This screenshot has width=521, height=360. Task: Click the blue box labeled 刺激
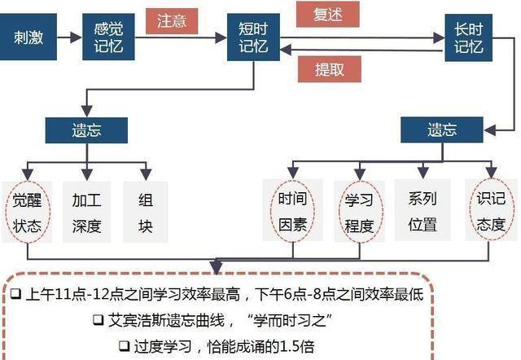[x=28, y=37]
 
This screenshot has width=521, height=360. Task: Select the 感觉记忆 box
[x=108, y=37]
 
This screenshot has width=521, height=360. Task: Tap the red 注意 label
[x=172, y=21]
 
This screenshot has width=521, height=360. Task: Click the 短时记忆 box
[x=253, y=37]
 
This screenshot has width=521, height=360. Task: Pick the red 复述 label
[x=327, y=15]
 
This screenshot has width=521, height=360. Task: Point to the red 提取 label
[x=329, y=69]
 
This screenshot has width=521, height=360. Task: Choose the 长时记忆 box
[x=469, y=37]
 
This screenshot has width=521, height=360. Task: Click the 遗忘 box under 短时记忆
[x=86, y=130]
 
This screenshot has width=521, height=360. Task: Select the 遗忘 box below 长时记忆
[x=441, y=130]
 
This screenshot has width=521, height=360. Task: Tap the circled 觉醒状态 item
[x=27, y=212]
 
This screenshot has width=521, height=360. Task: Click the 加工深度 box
[x=87, y=212]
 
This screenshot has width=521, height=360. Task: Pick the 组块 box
[x=146, y=212]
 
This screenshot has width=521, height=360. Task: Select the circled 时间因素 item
[x=292, y=211]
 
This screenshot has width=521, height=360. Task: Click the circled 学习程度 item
[x=360, y=212]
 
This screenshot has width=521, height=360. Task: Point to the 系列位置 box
[x=422, y=210]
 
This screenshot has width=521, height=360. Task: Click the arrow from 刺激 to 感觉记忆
[x=69, y=37]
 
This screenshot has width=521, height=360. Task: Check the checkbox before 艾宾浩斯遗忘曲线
[x=98, y=320]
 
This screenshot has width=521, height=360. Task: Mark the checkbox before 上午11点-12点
[x=16, y=294]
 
